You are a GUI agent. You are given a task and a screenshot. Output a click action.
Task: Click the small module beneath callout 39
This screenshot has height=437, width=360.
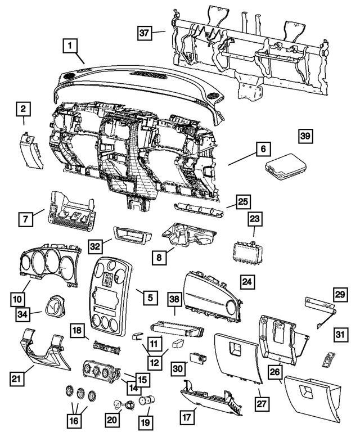pyautogui.click(x=285, y=167)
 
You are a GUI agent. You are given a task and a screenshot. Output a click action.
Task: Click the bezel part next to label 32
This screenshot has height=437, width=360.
pyautogui.click(x=130, y=233)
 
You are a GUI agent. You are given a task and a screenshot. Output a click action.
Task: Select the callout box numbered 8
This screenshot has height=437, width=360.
pyautogui.click(x=160, y=257)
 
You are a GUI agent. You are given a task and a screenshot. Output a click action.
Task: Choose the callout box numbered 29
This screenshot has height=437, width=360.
pyautogui.click(x=340, y=294)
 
